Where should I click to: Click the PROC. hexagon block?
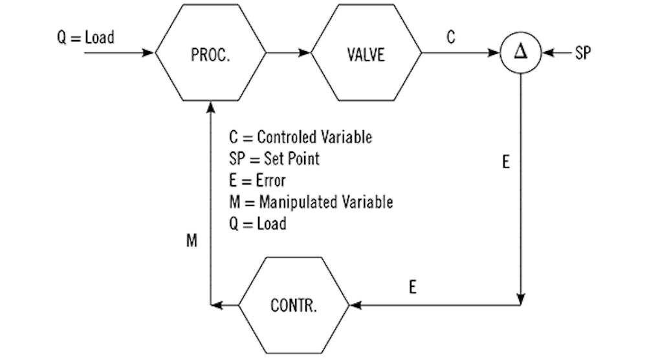(210, 54)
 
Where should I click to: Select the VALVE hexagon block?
(366, 54)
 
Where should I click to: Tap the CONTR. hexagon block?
(294, 304)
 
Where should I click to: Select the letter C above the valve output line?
(450, 38)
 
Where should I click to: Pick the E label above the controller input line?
(413, 286)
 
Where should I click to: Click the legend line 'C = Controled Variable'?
(300, 137)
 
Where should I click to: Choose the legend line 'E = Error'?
(257, 180)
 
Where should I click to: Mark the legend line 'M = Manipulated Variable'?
(311, 202)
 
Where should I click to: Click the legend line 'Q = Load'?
(258, 223)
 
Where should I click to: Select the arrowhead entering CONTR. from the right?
(355, 304)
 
